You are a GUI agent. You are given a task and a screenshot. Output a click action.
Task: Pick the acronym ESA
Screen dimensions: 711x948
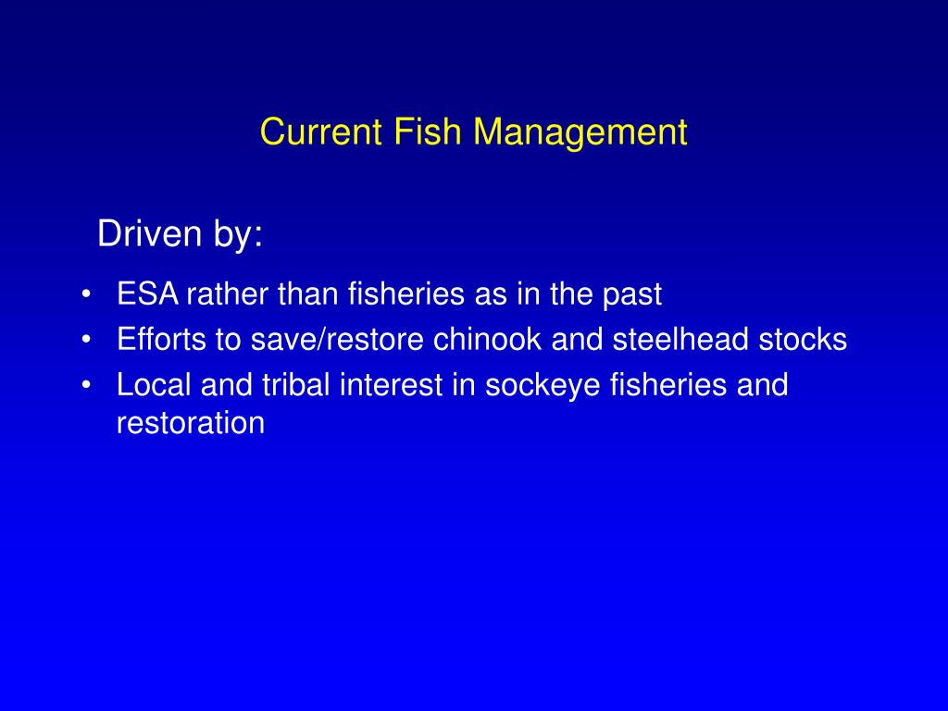pos(149,294)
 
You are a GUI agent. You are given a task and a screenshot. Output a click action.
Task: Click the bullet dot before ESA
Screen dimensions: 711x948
pos(86,294)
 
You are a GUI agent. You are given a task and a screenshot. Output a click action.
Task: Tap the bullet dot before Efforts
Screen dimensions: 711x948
pos(86,340)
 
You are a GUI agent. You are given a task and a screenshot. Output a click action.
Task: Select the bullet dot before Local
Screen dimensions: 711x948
pos(86,385)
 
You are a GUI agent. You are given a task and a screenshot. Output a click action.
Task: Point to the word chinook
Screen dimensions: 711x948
pos(488,340)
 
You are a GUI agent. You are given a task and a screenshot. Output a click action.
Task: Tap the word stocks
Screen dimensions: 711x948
pos(803,340)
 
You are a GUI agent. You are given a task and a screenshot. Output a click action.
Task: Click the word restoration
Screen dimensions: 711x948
pos(191,423)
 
